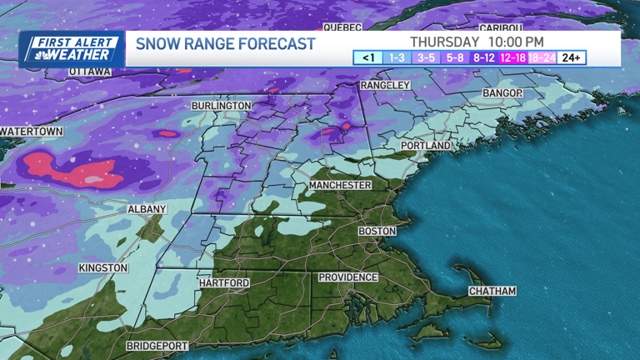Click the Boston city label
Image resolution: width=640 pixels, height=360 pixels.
tap(377, 231)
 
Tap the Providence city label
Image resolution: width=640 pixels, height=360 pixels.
tap(348, 277)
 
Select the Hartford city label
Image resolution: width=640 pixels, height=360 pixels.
tap(223, 283)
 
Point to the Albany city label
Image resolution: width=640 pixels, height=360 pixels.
tap(147, 209)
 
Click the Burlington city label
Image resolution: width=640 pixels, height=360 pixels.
tap(221, 106)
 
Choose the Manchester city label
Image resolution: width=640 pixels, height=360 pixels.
tap(340, 184)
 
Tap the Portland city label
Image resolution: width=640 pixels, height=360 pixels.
tap(425, 145)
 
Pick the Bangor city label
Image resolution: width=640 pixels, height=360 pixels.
tap(502, 92)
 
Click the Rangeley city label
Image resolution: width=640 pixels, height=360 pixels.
tap(385, 85)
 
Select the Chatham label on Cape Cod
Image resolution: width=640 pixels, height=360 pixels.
tap(492, 291)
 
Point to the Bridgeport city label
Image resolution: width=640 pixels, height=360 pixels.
tap(157, 345)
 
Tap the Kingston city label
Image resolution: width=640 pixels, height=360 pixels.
tap(103, 267)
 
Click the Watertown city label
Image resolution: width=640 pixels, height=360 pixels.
tap(32, 132)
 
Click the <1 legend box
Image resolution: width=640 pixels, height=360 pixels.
tap(367, 57)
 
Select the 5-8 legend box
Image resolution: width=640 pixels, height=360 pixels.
tap(455, 57)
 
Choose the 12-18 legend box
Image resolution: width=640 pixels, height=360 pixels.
tap(512, 57)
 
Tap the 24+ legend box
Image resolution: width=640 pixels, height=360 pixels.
tap(571, 57)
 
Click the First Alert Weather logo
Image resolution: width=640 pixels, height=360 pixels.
tap(72, 49)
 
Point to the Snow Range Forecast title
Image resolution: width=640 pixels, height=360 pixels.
tap(225, 43)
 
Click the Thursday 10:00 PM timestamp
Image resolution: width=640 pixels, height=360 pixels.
tap(477, 41)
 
